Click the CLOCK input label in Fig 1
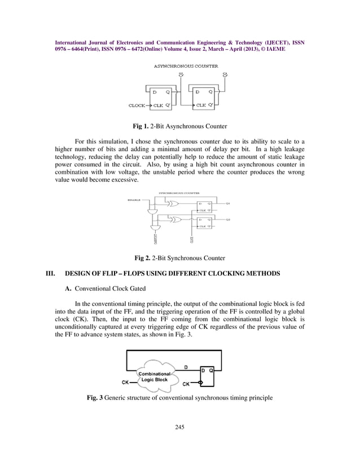(137, 105)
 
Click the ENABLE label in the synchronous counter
(134, 199)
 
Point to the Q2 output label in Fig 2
(227, 219)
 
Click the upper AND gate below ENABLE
(152, 209)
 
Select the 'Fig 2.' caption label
(142, 258)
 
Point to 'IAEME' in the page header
(273, 49)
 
